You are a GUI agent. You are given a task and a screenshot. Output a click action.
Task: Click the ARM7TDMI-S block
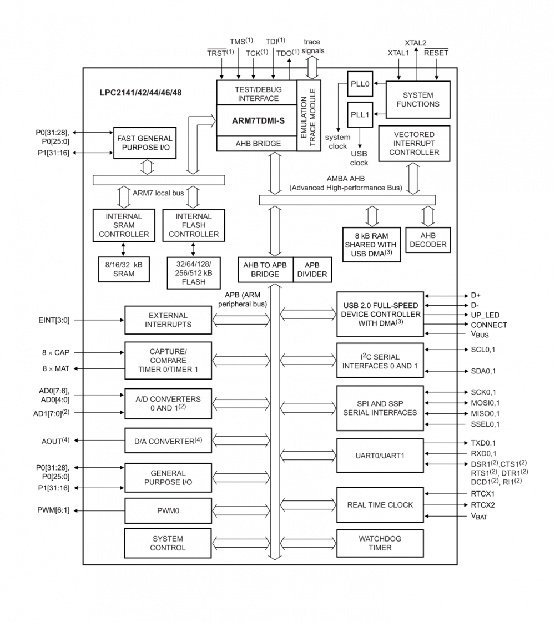tap(256, 120)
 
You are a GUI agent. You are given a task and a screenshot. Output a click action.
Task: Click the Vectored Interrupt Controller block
tap(413, 143)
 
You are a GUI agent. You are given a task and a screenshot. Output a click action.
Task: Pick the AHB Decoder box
tap(428, 240)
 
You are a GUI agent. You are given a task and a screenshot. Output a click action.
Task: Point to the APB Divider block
tap(311, 270)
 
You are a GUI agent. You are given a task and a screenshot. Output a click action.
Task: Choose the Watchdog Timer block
tap(380, 543)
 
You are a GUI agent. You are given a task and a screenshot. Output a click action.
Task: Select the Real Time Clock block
tap(380, 505)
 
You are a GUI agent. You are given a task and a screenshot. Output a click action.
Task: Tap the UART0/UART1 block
tap(380, 455)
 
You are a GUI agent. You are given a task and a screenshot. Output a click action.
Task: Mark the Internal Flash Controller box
tap(194, 225)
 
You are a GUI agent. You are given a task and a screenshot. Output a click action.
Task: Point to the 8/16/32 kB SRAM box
tap(124, 269)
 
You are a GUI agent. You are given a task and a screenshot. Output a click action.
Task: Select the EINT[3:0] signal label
tap(53, 320)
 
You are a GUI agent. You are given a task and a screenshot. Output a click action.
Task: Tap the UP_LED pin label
tap(485, 315)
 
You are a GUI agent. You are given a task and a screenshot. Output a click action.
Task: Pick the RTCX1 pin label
tap(482, 493)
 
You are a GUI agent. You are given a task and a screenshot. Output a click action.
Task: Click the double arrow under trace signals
tap(312, 68)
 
